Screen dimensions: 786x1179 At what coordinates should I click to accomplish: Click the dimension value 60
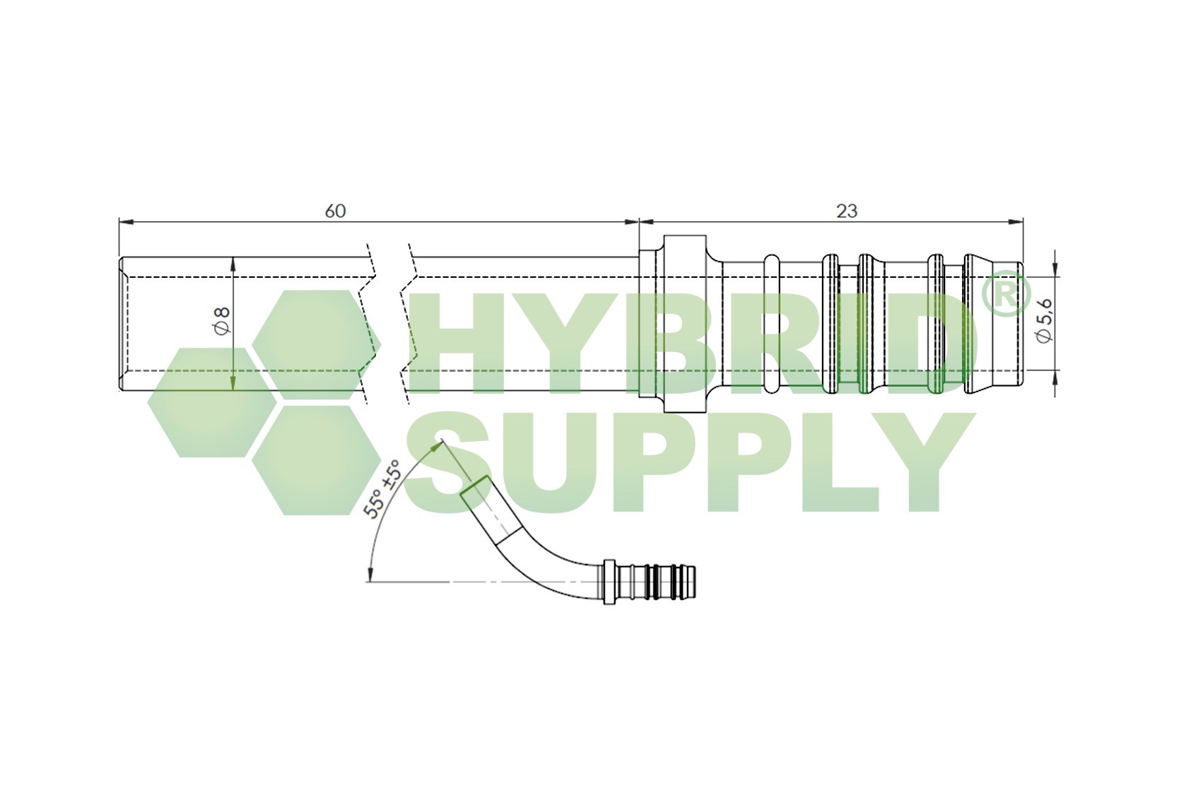(335, 211)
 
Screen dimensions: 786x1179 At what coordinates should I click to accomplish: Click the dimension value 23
(846, 211)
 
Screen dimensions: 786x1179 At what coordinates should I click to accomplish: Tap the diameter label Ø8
(221, 321)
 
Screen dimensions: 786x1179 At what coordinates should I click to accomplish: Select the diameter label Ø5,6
(1044, 322)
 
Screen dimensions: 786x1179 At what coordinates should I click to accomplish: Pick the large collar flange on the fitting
(685, 324)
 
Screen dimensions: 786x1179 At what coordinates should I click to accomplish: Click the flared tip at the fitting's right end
(993, 326)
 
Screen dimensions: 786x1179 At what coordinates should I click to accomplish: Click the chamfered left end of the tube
(122, 324)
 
